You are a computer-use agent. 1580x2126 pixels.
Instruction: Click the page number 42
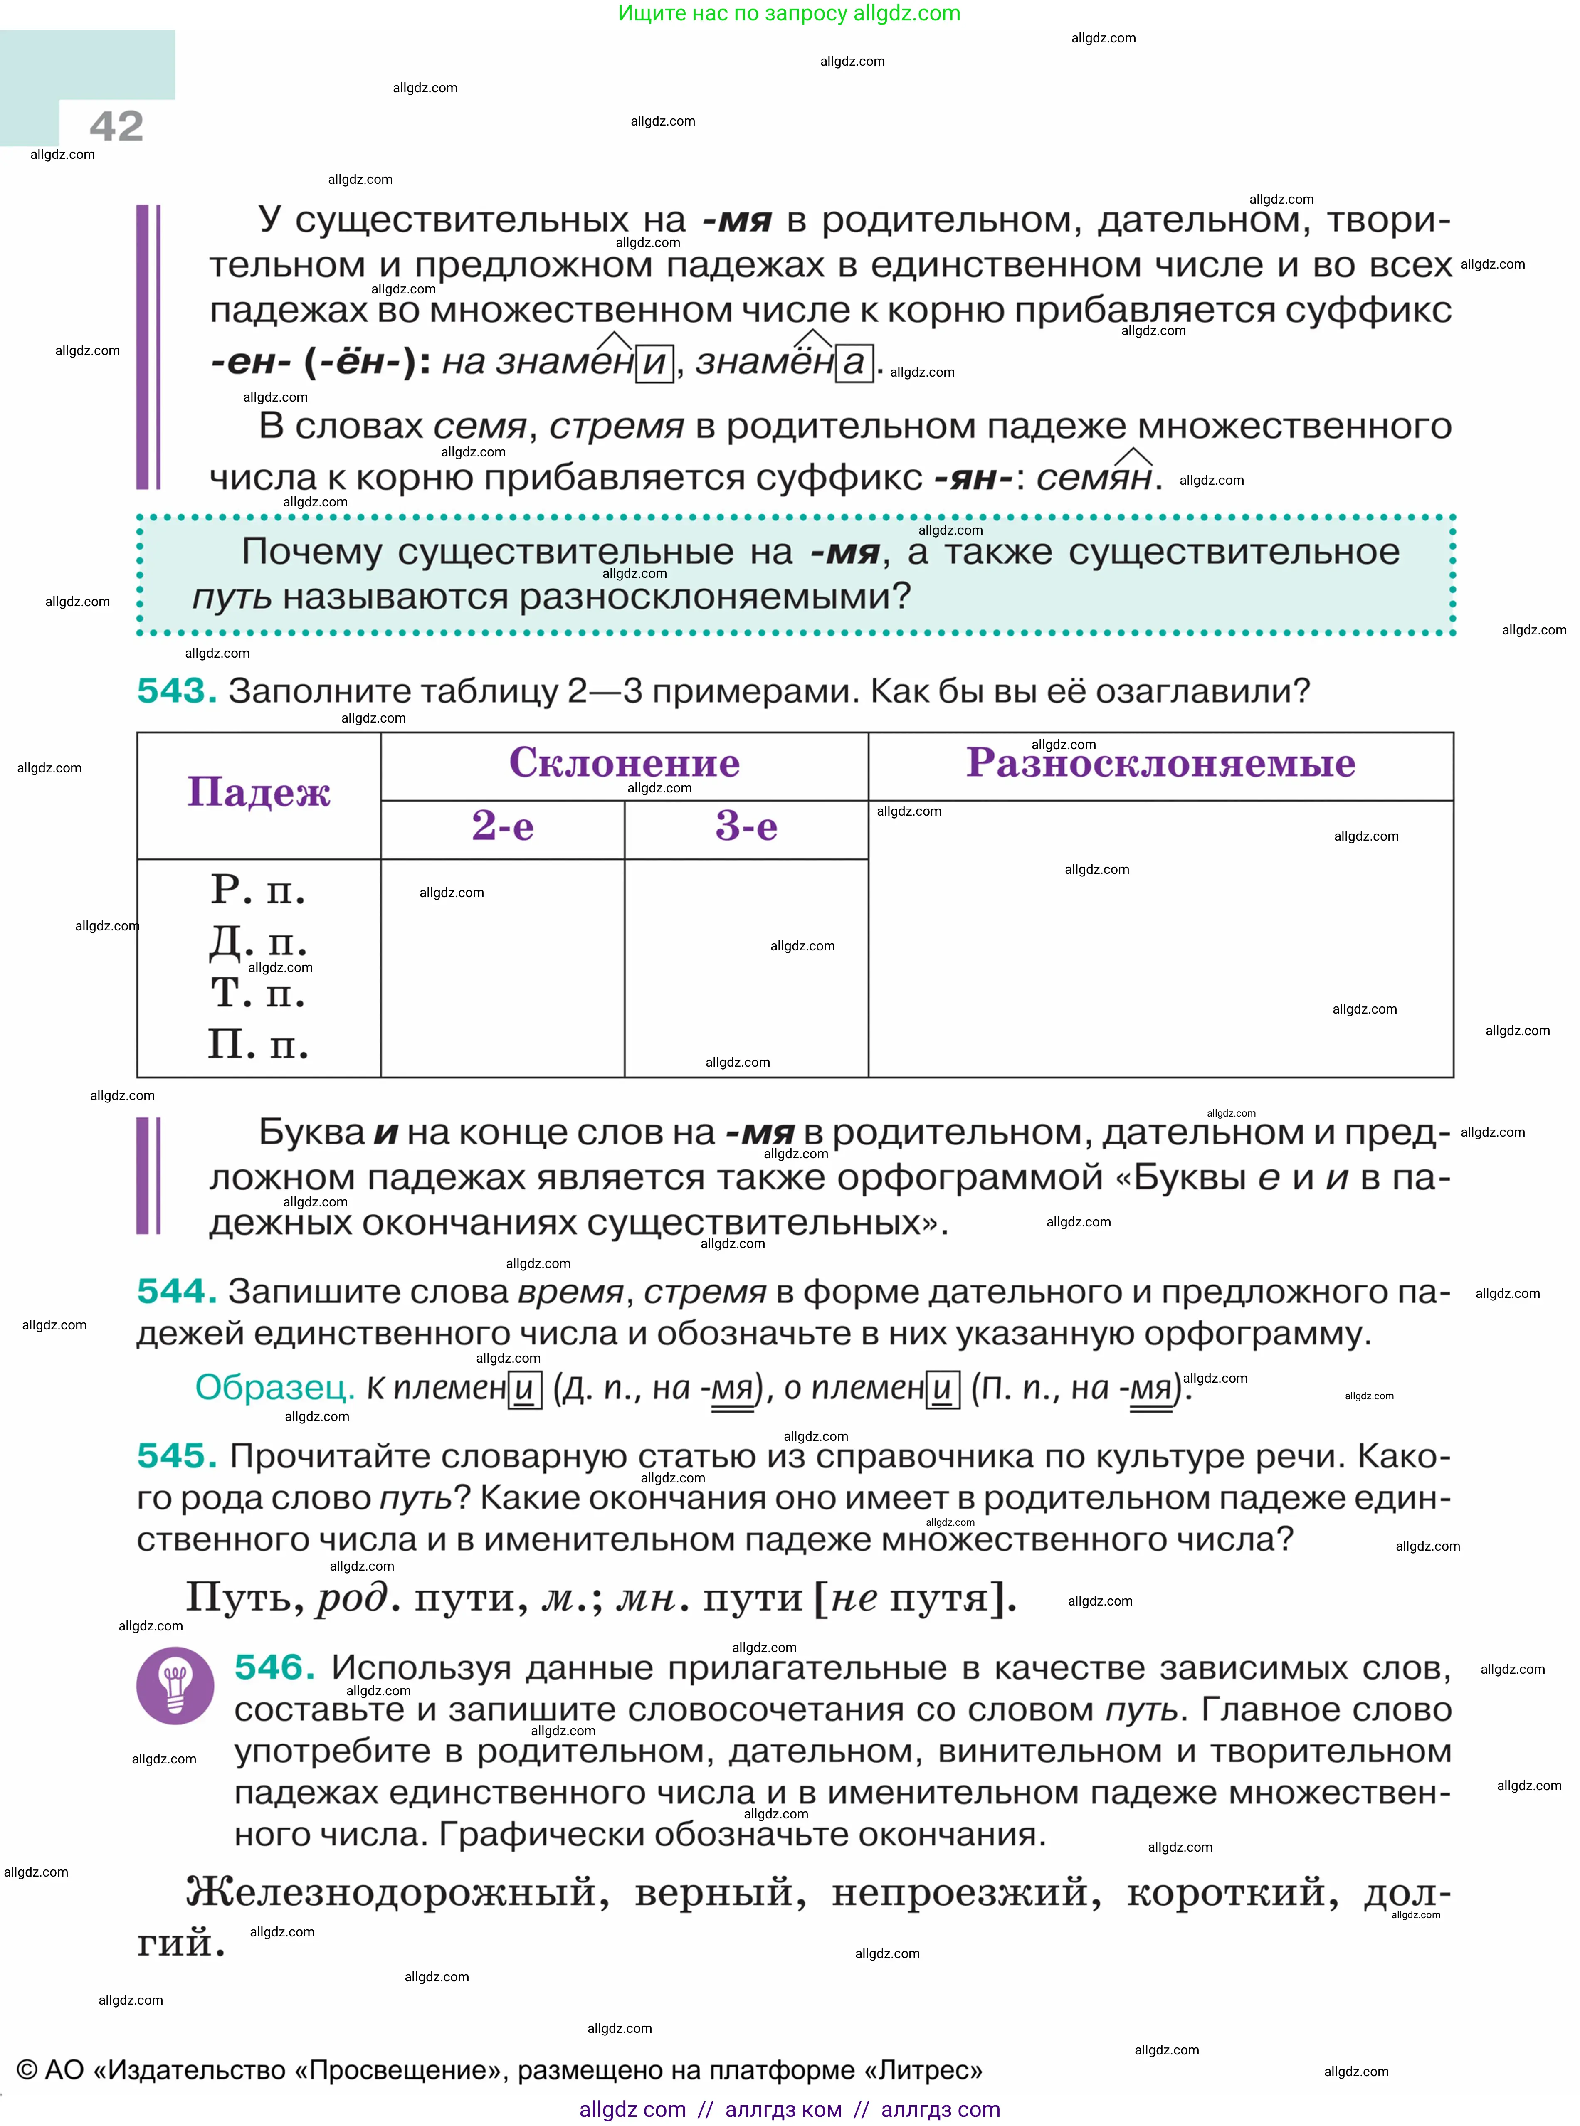point(117,126)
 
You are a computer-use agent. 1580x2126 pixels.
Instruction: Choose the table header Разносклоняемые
point(1160,763)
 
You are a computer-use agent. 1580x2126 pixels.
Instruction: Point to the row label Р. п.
point(258,890)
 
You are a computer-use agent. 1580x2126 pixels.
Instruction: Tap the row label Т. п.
point(258,994)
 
